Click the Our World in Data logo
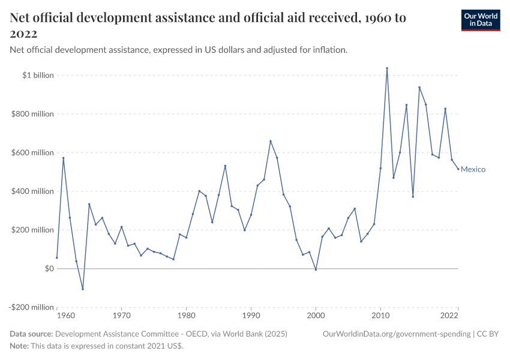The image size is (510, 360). pyautogui.click(x=480, y=20)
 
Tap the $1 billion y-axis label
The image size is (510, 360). pyautogui.click(x=38, y=76)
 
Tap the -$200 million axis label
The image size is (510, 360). pyautogui.click(x=31, y=307)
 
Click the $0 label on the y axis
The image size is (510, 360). pyautogui.click(x=50, y=269)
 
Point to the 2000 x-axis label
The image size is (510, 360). pyautogui.click(x=316, y=314)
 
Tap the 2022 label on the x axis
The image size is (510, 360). pyautogui.click(x=451, y=314)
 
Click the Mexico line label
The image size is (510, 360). pyautogui.click(x=473, y=169)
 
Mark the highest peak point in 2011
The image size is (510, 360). pyautogui.click(x=387, y=68)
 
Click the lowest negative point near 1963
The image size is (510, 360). pyautogui.click(x=83, y=289)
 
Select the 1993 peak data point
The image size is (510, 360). pyautogui.click(x=271, y=141)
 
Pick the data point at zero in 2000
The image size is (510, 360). pyautogui.click(x=316, y=269)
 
